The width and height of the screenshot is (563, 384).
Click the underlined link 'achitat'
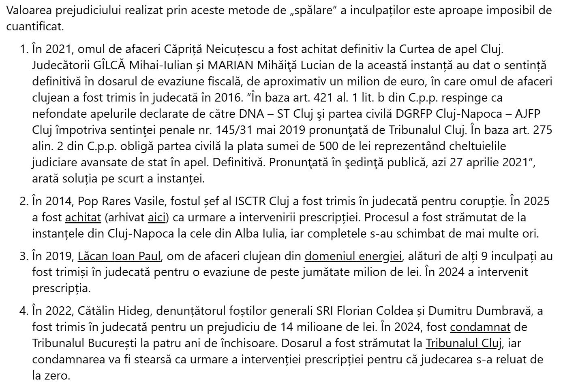click(83, 218)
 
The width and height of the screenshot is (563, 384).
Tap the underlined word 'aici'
click(156, 218)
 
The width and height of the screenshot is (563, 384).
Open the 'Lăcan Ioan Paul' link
click(119, 256)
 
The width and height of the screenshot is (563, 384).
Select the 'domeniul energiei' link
click(353, 256)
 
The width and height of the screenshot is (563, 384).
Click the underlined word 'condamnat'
click(480, 327)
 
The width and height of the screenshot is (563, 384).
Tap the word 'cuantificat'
click(34, 27)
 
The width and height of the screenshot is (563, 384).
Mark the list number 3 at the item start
click(24, 256)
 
